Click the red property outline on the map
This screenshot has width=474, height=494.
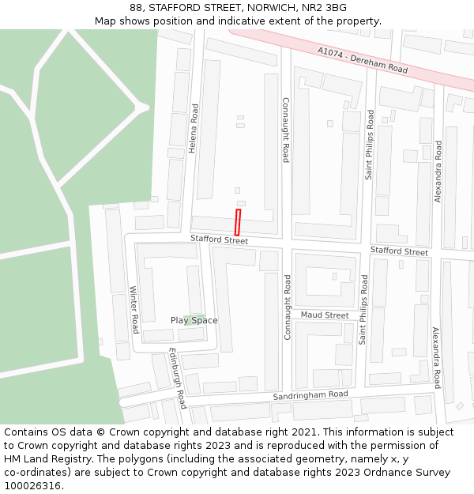[x=237, y=222]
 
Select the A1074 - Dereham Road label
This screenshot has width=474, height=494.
[x=363, y=60]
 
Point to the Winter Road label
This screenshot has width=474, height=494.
[x=134, y=309]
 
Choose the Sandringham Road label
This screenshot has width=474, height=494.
[x=310, y=394]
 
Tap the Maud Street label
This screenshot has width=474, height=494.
[x=325, y=315]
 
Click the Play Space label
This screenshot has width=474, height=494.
[x=194, y=320]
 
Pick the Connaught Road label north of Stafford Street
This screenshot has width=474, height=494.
[x=286, y=130]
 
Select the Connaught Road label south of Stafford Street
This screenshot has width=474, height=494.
[x=287, y=307]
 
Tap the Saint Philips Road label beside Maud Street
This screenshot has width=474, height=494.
[x=363, y=310]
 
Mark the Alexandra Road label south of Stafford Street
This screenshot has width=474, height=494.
[x=435, y=357]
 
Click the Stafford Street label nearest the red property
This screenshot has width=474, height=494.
[x=219, y=239]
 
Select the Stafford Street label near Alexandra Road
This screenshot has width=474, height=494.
[x=400, y=251]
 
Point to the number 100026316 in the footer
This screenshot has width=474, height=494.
[x=32, y=486]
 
